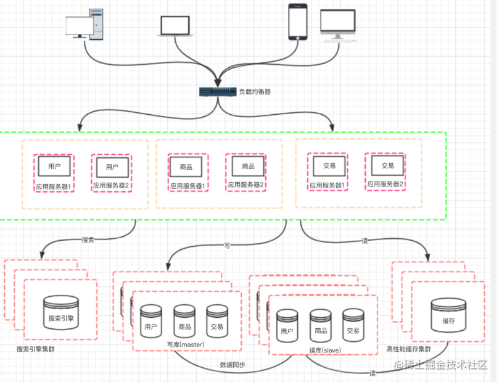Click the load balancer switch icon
coord(217,91)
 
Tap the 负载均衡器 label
coord(255,92)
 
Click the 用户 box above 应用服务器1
coord(54,167)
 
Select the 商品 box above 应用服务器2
coord(248,167)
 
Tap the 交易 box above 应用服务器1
coord(329,167)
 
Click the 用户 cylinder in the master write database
coord(151,320)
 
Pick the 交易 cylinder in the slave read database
coord(352,325)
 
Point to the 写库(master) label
coord(185,344)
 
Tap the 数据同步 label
coord(233,365)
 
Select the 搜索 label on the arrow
coord(88,239)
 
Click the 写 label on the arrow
coord(227,245)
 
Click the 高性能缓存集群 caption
coord(411,349)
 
